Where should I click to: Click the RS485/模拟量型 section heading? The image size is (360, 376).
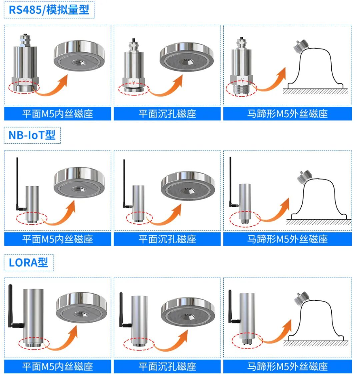[x=49, y=10]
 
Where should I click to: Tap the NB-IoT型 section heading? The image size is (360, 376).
[x=32, y=135]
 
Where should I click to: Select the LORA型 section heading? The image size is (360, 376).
[x=29, y=263]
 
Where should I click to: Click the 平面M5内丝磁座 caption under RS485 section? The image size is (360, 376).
[x=57, y=114]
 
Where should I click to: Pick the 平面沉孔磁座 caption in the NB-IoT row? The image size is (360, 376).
[x=167, y=239]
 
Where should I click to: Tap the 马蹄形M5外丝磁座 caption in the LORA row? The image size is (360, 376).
[x=287, y=366]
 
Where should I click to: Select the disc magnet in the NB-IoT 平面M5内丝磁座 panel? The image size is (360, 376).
[x=79, y=182]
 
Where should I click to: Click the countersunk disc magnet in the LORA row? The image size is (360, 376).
[x=188, y=313]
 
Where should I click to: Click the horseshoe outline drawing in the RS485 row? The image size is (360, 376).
[x=316, y=68]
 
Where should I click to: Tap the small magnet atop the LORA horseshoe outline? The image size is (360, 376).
[x=301, y=299]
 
